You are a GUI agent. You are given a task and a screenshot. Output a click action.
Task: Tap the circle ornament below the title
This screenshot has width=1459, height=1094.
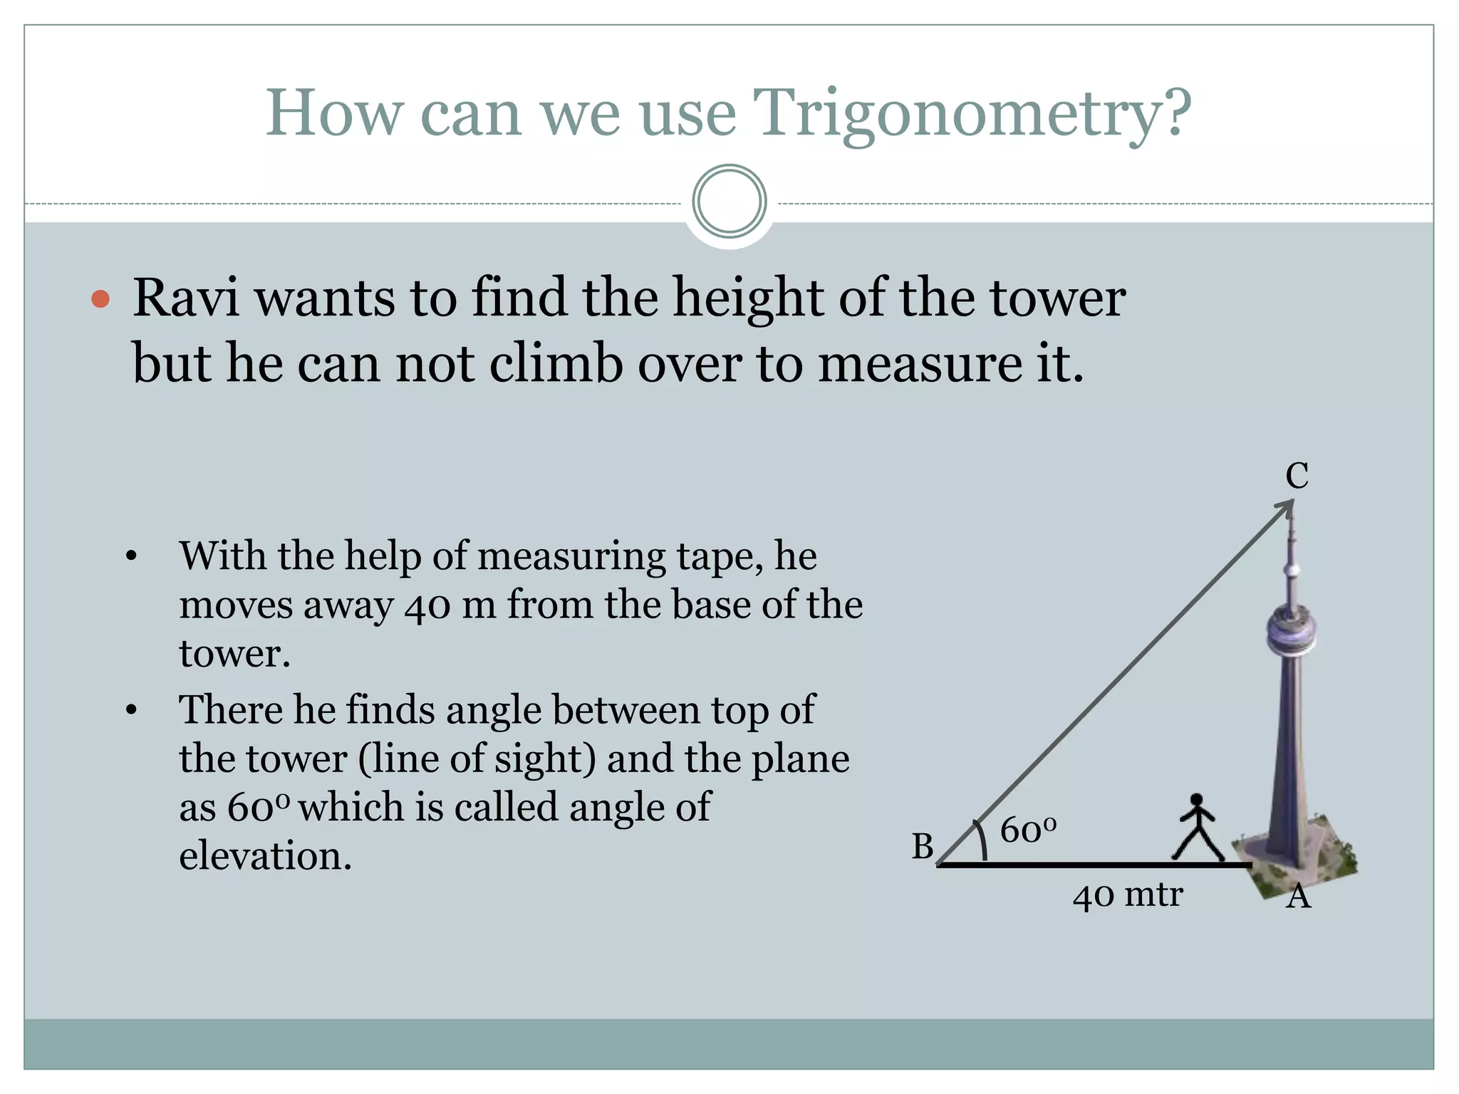pos(729,201)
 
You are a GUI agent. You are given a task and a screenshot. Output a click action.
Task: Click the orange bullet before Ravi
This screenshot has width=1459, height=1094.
pos(101,298)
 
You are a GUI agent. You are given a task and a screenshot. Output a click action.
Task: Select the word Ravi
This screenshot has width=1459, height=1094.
pos(186,298)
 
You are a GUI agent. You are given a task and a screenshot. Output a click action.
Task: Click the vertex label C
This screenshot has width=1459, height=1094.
pos(1297,476)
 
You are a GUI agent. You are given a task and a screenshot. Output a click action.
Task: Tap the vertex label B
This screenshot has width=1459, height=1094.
pos(923,847)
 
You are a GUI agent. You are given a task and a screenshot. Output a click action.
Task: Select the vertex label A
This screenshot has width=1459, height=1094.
pos(1298,897)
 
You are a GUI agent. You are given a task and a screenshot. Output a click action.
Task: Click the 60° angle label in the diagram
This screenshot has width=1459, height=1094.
pos(1027,830)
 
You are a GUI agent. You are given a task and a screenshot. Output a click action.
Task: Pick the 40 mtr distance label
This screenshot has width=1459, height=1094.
pos(1128,895)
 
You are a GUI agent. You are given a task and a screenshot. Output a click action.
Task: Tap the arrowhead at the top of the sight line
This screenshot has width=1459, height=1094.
pos(1286,506)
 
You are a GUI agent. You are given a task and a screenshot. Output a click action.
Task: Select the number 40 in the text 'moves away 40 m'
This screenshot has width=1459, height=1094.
pos(427,605)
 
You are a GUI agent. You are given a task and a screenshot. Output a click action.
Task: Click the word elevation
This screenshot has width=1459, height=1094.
pos(265,855)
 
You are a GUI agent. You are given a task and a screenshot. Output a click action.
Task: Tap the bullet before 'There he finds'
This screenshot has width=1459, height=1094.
pos(131,710)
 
